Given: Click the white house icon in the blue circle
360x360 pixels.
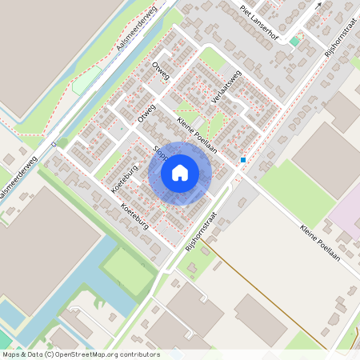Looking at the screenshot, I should pos(180,172).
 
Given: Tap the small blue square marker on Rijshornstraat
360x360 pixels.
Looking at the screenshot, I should pos(243,159).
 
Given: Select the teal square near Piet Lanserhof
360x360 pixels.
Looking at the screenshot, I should pos(294,41).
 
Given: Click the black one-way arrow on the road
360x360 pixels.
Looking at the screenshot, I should pos(319,4).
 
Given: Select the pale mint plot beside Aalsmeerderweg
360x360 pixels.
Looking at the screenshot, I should pos(88,79).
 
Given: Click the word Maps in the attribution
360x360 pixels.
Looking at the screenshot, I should pos(11,354).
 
